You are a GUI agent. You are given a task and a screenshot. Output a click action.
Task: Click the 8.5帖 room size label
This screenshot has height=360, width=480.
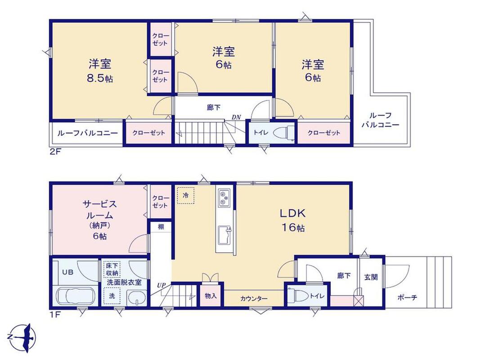pos(100,79)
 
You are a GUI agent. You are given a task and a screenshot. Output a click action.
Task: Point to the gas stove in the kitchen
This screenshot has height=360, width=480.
pos(223,198)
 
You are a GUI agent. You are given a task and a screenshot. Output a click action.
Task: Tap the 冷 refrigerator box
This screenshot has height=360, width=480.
pos(185,195)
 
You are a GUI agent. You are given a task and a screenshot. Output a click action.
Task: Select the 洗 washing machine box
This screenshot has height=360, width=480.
pos(112,296)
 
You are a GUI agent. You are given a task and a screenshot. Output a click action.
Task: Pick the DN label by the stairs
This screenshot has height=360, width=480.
pos(236,117)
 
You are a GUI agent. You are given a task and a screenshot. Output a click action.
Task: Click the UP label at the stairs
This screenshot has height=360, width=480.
pos(161,285)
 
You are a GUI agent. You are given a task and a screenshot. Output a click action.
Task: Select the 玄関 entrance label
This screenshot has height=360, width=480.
pos(371,277)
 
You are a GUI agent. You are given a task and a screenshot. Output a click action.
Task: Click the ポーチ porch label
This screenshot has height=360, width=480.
pos(407,297)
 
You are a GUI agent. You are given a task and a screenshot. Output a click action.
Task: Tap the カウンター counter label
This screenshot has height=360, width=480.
pos(254,298)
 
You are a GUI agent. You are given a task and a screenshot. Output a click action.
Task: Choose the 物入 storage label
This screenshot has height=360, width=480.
pos(211,296)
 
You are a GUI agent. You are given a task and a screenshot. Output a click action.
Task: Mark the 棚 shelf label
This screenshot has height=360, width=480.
pos(161,227)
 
